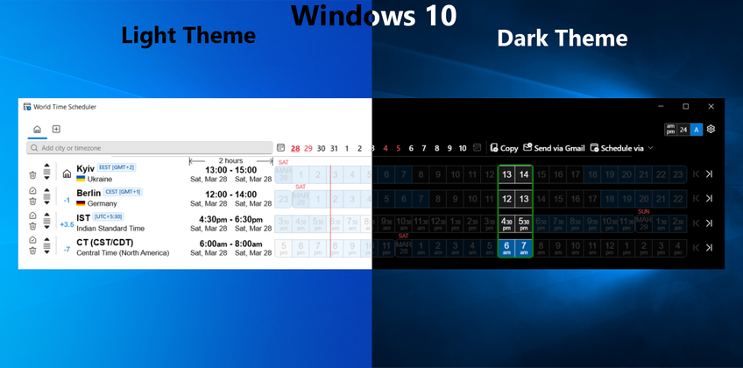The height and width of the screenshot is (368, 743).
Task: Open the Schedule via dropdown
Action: point(621,148)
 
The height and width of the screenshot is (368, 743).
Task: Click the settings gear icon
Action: point(711,130)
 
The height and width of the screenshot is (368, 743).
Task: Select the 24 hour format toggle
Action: point(683,130)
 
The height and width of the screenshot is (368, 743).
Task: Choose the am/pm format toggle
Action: point(671,130)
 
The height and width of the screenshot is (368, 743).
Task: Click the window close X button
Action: point(710,106)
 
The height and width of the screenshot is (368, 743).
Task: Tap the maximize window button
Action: point(685,106)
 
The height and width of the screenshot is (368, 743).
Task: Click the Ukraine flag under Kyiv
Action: point(81,179)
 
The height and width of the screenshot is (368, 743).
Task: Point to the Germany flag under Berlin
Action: point(81,203)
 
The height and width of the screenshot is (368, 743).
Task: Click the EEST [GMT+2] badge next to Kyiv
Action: point(116,166)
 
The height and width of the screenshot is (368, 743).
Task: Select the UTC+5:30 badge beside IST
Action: point(111,216)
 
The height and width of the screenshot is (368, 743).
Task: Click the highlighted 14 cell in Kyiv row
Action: point(523,174)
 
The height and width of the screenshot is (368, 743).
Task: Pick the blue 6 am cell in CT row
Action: point(506,248)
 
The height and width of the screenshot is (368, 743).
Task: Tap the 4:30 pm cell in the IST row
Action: point(506,223)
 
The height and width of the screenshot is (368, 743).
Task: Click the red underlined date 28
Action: point(295,148)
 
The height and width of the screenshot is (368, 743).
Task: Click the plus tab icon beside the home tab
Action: point(56,130)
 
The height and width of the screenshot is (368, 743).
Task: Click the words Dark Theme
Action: point(562,39)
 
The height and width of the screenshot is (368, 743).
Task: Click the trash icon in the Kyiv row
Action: point(33,176)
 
